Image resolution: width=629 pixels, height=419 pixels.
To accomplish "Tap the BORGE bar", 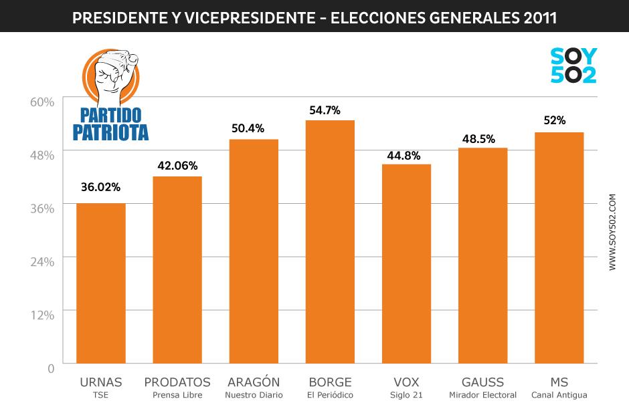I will [330, 241].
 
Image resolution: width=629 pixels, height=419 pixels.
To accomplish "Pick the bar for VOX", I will [406, 263].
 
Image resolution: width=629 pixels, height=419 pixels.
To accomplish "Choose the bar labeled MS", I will [559, 247].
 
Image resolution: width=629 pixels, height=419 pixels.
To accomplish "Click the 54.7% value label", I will [330, 109].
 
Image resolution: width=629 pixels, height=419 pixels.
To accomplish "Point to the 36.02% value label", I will [101, 187].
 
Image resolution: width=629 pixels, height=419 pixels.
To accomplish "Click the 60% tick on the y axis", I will [42, 102].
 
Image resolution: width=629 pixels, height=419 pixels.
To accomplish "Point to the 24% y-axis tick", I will [42, 261].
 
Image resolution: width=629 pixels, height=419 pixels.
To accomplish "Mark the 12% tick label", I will [42, 315].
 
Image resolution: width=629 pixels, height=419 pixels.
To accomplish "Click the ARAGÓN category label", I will [254, 382].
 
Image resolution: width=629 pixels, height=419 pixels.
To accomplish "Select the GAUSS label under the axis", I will [482, 382].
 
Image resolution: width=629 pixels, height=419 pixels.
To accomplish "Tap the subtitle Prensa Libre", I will [177, 395].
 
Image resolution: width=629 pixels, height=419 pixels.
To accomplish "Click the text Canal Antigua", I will [559, 395].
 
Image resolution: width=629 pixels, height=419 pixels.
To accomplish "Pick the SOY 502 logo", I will [573, 65].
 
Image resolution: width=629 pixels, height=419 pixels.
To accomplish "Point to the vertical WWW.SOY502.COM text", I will [612, 233].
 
